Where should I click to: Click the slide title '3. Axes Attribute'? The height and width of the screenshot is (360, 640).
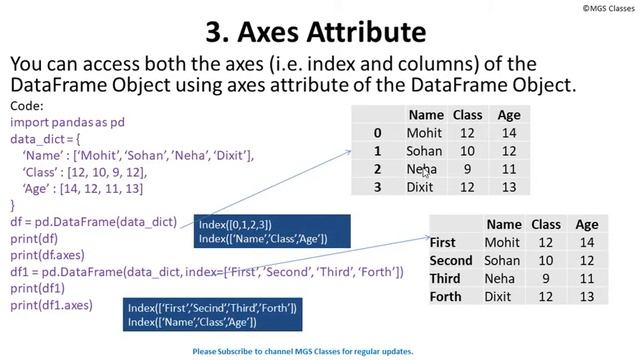click(x=320, y=29)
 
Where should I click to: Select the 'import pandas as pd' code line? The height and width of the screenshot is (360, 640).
click(x=67, y=122)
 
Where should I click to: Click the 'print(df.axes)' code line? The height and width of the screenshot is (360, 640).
click(x=47, y=255)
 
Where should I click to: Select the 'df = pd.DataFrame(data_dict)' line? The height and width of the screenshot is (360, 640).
click(x=93, y=222)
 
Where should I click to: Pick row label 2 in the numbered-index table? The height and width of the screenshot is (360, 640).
click(x=377, y=169)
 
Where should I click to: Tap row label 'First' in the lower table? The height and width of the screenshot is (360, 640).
click(x=442, y=242)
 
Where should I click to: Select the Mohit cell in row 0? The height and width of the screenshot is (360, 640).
click(x=424, y=133)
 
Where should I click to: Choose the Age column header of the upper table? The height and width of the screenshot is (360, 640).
click(x=509, y=115)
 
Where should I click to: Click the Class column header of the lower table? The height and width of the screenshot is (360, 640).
click(x=545, y=225)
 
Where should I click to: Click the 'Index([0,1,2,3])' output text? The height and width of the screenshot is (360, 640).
click(x=235, y=225)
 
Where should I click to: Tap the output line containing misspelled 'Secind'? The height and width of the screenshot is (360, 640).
click(x=212, y=308)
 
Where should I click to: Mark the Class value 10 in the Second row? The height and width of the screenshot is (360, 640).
click(x=545, y=260)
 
